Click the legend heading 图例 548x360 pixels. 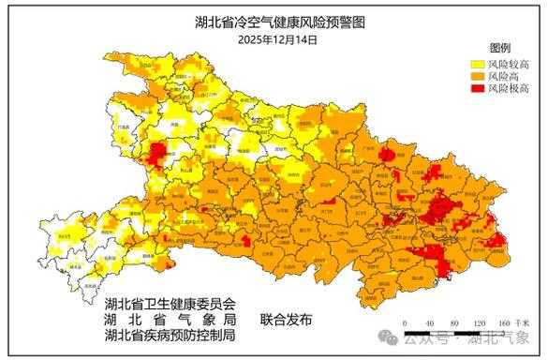pos(499,47)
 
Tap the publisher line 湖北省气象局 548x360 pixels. pos(171,319)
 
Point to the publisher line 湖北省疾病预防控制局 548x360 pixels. pos(171,335)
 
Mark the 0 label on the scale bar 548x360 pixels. pos(404,323)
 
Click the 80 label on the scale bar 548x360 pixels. pos(454,323)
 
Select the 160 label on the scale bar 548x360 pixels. pos(504,323)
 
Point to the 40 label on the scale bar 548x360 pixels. pos(429,323)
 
